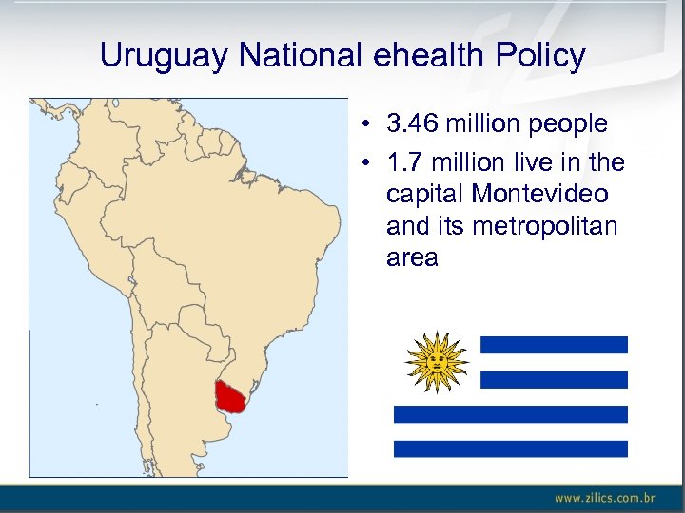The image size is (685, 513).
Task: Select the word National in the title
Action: click(x=296, y=56)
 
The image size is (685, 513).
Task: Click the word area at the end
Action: click(x=412, y=258)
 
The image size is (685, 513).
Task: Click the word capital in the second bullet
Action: click(x=424, y=195)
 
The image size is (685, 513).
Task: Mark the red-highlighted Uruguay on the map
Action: click(x=230, y=395)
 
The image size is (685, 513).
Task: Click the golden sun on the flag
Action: click(x=437, y=362)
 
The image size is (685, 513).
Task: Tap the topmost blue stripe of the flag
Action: click(x=554, y=344)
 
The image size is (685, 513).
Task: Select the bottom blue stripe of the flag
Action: click(x=511, y=448)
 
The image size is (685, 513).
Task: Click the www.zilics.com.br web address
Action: click(x=604, y=497)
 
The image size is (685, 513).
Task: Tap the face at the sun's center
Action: click(x=437, y=362)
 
